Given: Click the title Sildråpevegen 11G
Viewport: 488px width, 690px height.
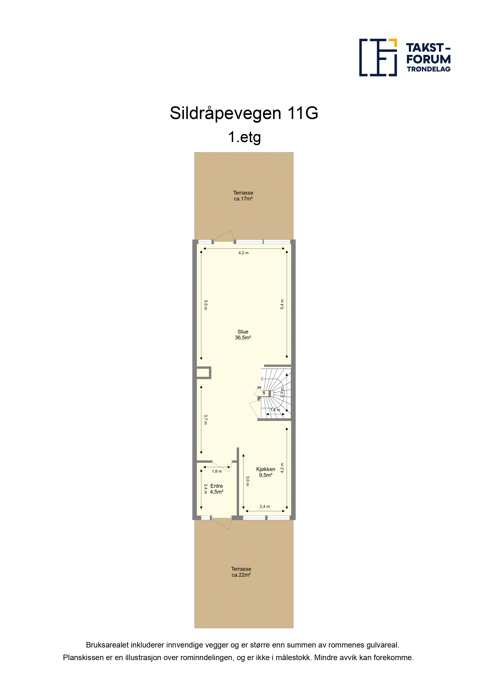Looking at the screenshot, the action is pyautogui.click(x=244, y=113).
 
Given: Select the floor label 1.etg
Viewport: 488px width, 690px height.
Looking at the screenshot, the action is pyautogui.click(x=244, y=137).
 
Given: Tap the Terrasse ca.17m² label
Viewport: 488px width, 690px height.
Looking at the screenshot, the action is pyautogui.click(x=243, y=196).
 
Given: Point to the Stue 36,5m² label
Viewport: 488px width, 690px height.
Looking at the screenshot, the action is pyautogui.click(x=243, y=335).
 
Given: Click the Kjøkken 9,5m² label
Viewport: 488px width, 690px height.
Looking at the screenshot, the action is pyautogui.click(x=265, y=472).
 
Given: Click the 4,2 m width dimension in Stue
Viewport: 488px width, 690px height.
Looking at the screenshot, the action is pyautogui.click(x=244, y=253).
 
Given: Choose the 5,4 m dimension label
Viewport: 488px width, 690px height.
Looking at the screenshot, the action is pyautogui.click(x=282, y=304).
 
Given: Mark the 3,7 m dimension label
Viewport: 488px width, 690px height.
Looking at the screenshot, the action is pyautogui.click(x=206, y=420).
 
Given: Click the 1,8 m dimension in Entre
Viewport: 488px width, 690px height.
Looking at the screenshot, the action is pyautogui.click(x=217, y=471).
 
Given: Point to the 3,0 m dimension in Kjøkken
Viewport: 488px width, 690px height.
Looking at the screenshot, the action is pyautogui.click(x=248, y=481).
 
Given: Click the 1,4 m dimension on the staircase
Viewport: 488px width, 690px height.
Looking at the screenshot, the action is pyautogui.click(x=275, y=410).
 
